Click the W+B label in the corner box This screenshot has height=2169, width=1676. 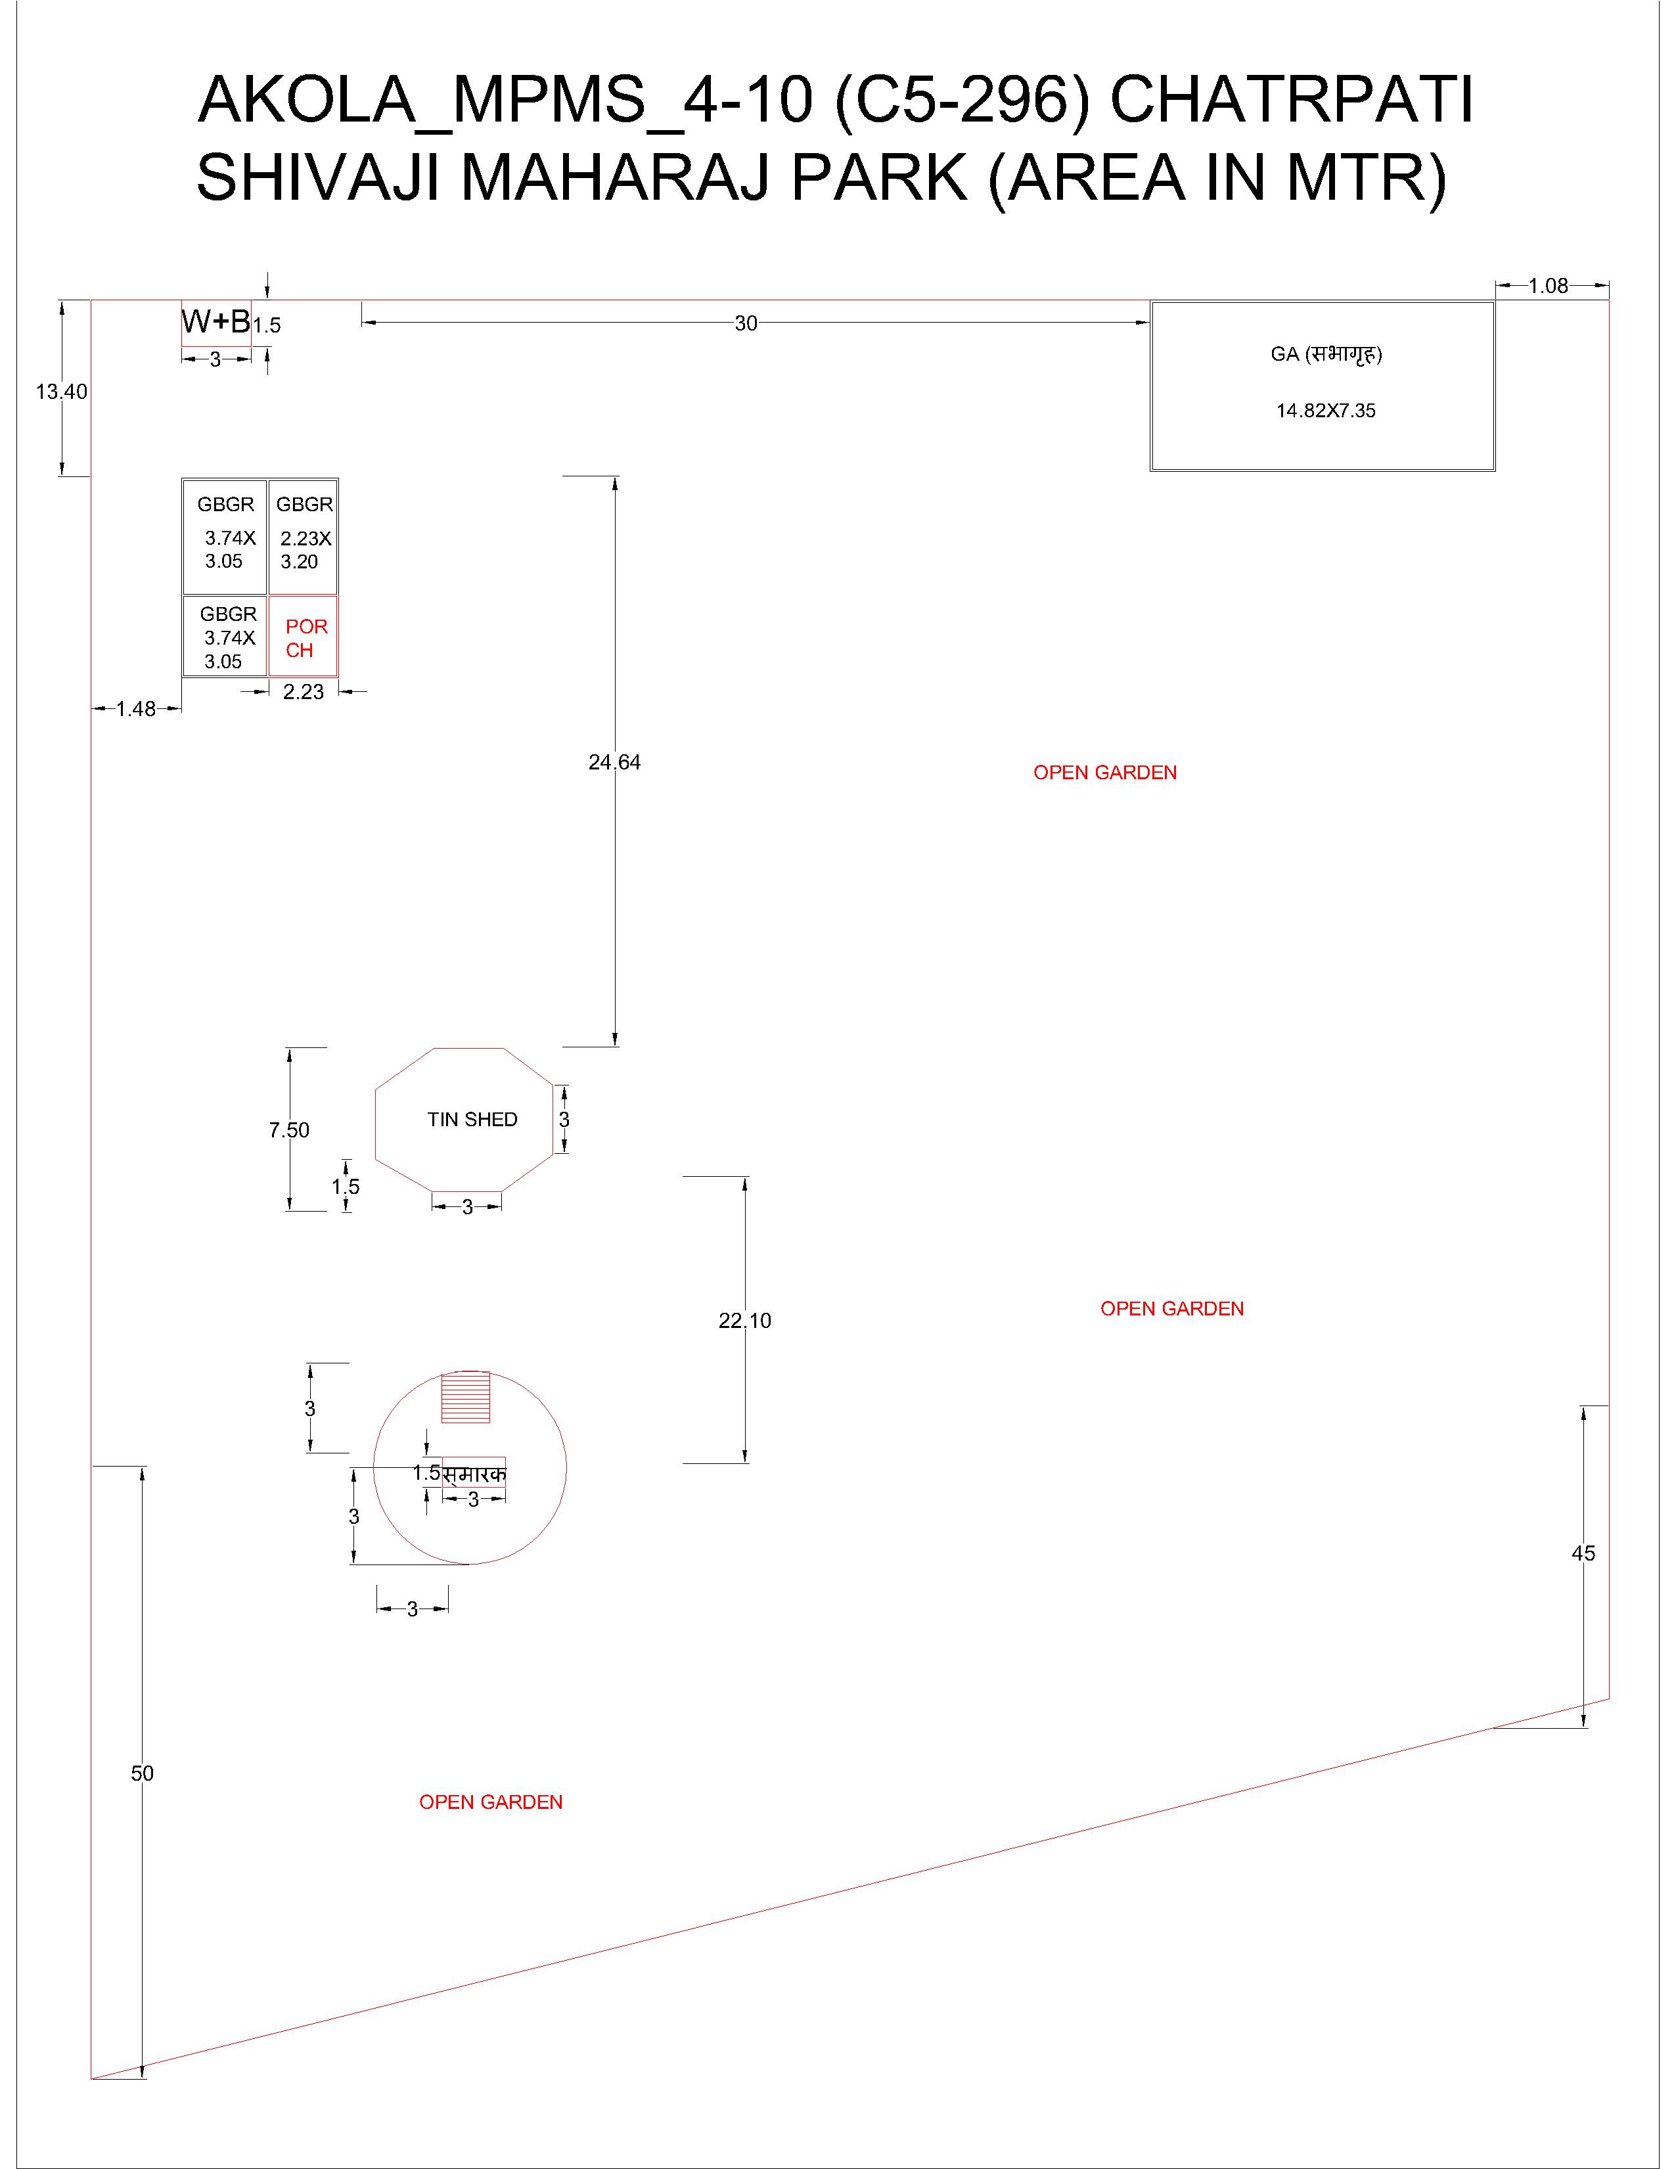point(215,322)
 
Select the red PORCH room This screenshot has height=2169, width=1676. point(303,637)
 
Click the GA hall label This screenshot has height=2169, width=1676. point(1326,355)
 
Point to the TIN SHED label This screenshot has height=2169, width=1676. point(472,1119)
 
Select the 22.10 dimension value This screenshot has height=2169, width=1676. point(744,1321)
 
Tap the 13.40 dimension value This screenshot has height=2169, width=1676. point(62,392)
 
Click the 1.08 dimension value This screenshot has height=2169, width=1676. point(1548,286)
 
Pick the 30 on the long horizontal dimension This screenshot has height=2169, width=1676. point(746,323)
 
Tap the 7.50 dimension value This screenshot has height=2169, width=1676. point(289,1130)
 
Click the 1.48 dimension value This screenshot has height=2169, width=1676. point(136,709)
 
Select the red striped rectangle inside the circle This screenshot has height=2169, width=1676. point(466,1398)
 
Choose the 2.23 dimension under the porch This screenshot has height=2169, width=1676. point(304,692)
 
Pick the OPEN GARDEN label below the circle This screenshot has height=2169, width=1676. point(491,1802)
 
